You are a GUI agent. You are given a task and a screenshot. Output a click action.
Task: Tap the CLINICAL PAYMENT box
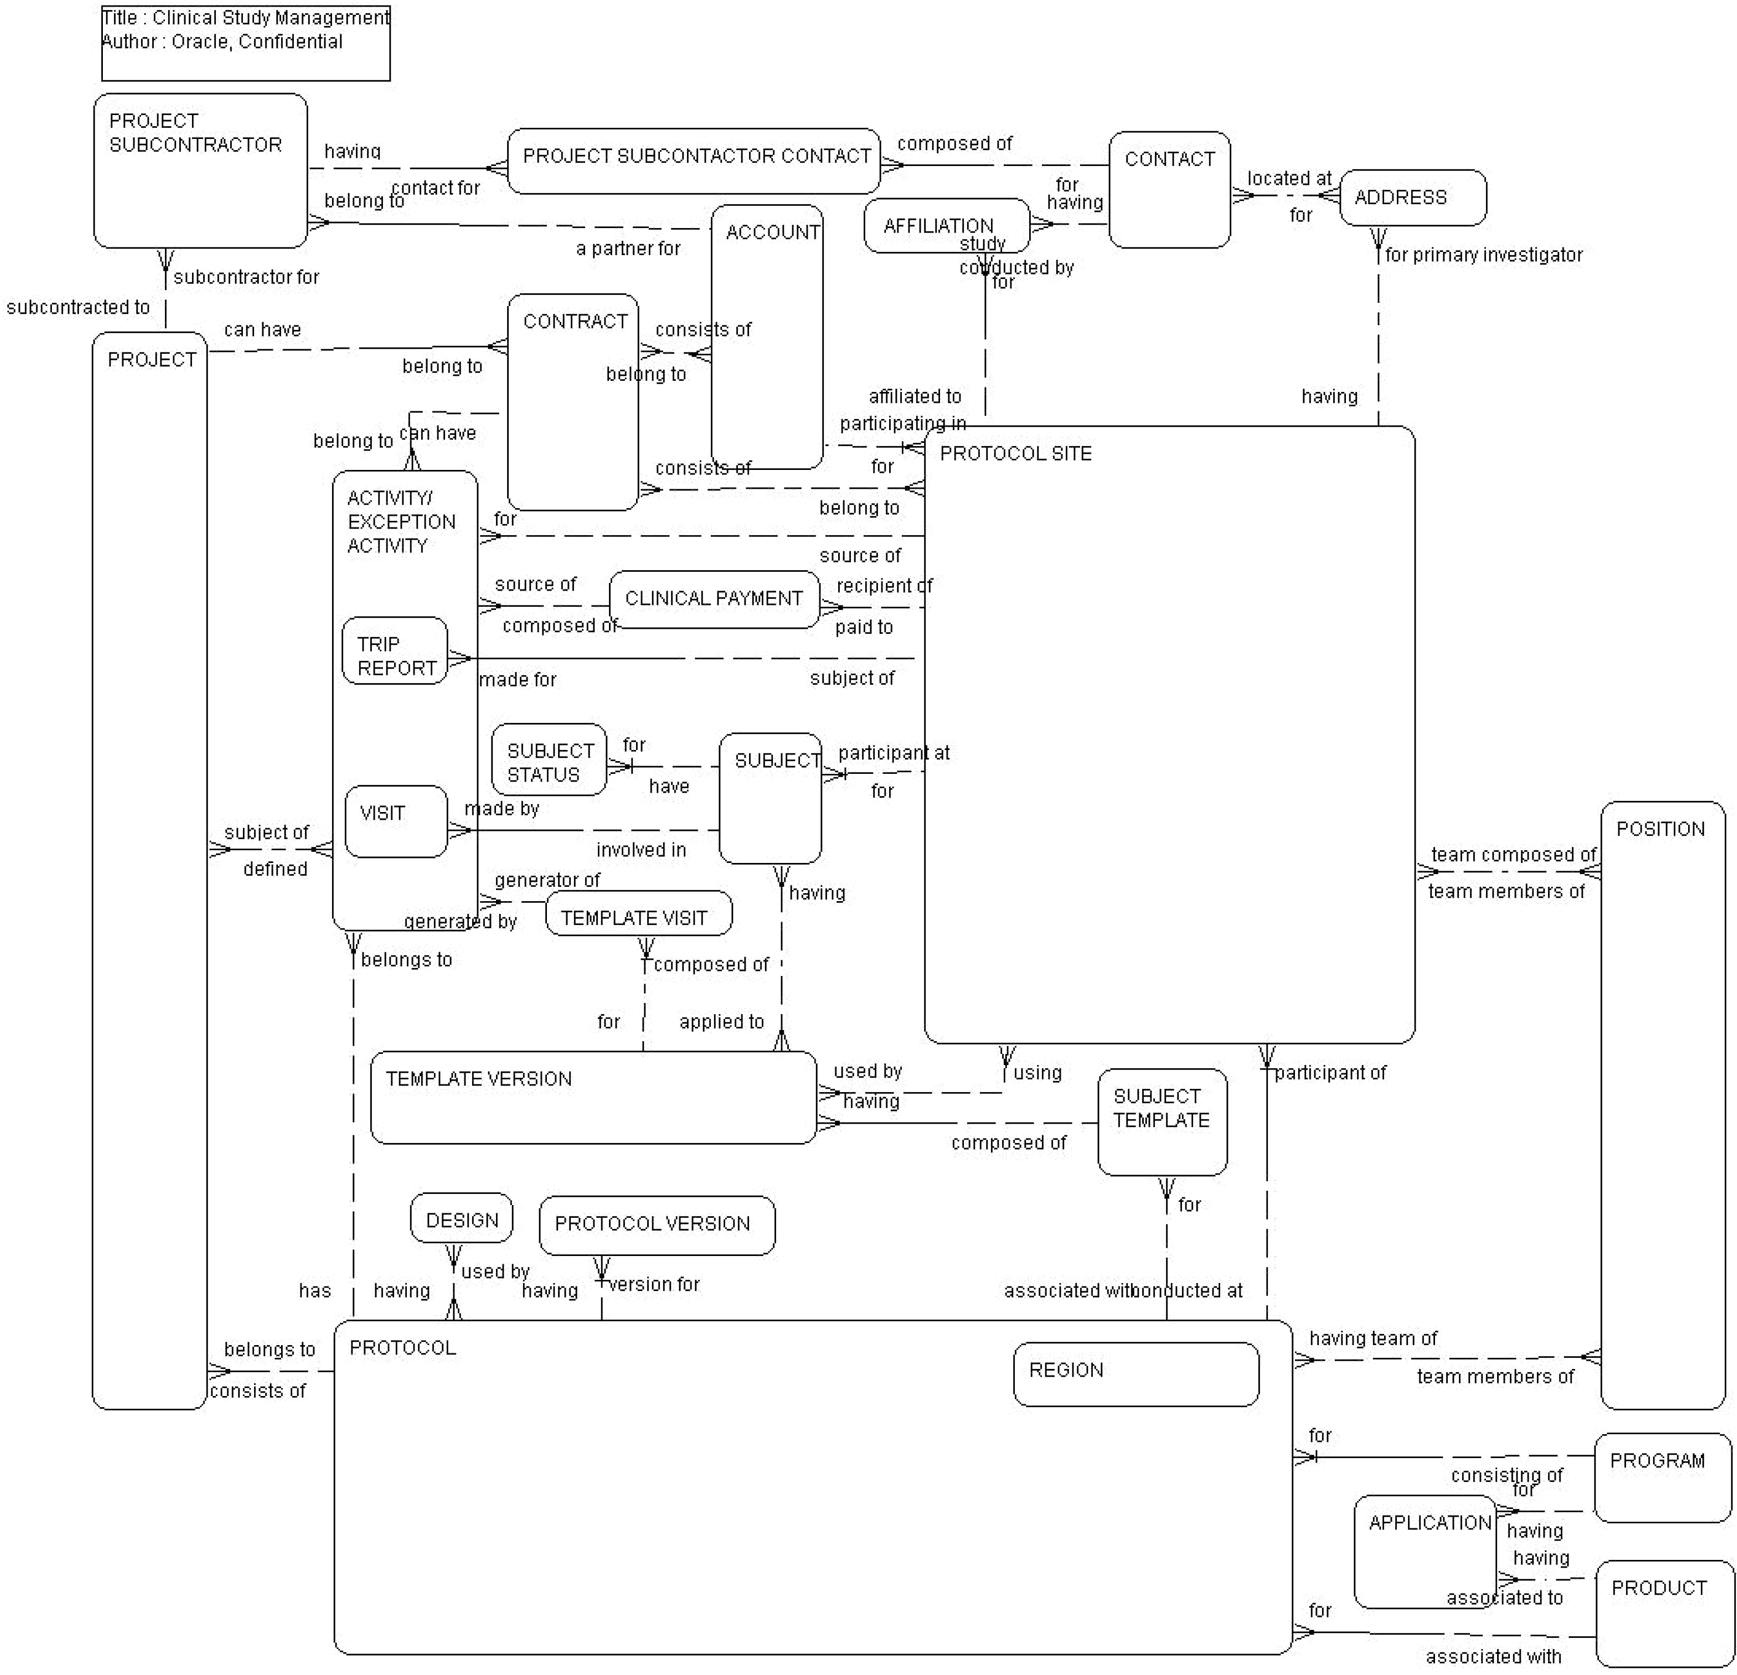(713, 599)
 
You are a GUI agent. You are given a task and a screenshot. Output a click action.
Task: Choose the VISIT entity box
(395, 821)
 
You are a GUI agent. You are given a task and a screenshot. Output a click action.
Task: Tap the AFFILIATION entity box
(946, 225)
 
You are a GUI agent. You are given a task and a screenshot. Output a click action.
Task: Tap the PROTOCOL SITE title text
(1015, 454)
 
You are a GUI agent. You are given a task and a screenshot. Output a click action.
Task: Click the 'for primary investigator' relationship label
(1483, 255)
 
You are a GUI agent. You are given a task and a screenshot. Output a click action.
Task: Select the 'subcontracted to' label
(78, 308)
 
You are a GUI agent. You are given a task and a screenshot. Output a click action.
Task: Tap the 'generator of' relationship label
(547, 880)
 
